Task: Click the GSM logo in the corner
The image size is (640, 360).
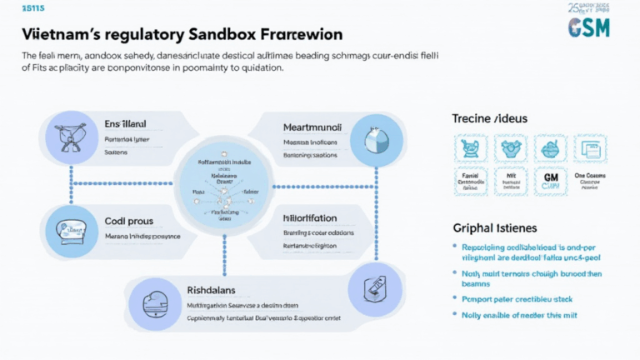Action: coord(588,27)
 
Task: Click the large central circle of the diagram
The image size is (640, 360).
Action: coord(222,185)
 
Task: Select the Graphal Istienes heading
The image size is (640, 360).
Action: coord(495,227)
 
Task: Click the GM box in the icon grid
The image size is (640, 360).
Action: coord(549,181)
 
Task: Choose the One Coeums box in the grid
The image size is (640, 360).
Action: coord(589,181)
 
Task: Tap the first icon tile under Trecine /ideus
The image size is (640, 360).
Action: coord(469,148)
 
